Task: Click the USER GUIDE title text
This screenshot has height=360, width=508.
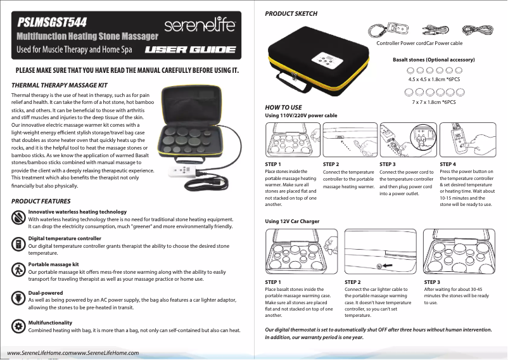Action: coord(190,49)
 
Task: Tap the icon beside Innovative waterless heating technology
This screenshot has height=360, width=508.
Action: coord(17,216)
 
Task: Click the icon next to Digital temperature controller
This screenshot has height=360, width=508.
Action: coord(17,242)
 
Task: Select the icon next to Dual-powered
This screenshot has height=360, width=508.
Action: coord(17,297)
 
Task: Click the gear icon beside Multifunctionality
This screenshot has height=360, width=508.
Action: coord(17,326)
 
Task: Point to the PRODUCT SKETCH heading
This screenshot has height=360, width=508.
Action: coord(291,13)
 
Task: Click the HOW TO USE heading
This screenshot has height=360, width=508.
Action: coord(283,108)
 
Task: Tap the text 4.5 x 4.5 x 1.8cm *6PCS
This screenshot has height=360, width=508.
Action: coord(434,80)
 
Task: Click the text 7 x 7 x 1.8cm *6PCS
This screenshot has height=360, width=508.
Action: coord(434,101)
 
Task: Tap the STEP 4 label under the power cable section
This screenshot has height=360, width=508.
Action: coord(448,164)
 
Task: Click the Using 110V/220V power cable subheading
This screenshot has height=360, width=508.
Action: coord(300,115)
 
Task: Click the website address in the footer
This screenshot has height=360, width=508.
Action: coord(73,352)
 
